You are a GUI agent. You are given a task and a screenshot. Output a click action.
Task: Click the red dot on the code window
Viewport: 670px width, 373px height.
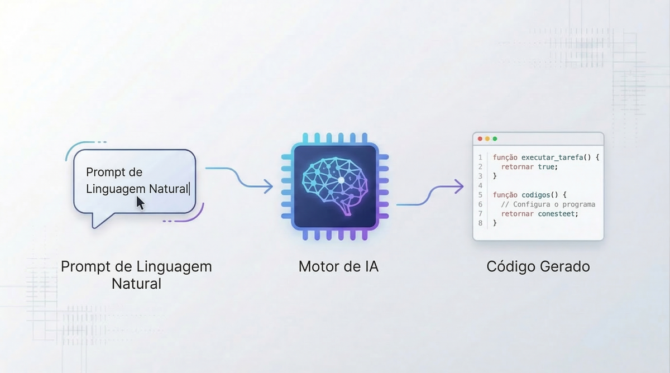point(480,139)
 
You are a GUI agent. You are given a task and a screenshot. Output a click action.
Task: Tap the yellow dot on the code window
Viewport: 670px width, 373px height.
point(487,139)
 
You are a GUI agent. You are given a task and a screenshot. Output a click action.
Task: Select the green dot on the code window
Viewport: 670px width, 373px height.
point(495,139)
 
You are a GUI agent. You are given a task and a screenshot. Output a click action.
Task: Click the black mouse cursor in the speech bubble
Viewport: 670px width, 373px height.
point(140,203)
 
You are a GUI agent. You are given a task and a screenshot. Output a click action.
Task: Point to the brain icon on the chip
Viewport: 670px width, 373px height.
point(335,186)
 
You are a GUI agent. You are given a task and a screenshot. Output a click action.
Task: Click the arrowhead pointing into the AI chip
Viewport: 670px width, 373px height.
point(269,187)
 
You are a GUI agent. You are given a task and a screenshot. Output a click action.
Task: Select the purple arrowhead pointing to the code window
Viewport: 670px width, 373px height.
point(459,187)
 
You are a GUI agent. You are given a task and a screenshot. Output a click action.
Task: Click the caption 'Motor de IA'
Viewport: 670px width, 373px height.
point(338,266)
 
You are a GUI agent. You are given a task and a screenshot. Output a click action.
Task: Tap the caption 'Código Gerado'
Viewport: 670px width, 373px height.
point(538,266)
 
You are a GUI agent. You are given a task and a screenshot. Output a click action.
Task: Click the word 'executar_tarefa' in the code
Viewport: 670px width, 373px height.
point(552,157)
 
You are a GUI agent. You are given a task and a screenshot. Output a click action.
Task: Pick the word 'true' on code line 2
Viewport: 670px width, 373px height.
point(546,166)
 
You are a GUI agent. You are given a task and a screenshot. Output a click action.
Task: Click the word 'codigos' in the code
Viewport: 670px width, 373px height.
point(535,195)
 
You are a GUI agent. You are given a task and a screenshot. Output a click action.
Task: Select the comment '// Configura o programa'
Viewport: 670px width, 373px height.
point(548,204)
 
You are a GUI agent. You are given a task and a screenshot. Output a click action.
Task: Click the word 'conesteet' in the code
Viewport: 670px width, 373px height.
point(556,214)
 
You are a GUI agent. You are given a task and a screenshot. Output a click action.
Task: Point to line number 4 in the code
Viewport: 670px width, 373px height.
point(480,185)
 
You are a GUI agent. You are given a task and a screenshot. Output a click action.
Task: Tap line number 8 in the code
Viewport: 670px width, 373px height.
point(480,223)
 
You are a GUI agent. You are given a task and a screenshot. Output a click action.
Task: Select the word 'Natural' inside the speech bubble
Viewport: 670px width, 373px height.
point(169,189)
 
